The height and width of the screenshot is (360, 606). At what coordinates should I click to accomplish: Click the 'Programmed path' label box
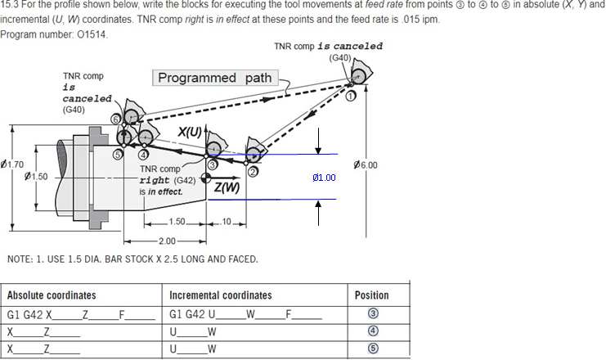click(x=215, y=79)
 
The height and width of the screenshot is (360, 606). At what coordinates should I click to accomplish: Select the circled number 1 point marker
click(x=351, y=96)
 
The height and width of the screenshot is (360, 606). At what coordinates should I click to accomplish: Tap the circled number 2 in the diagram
click(x=253, y=172)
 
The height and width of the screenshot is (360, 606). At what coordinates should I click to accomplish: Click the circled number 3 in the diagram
click(x=212, y=165)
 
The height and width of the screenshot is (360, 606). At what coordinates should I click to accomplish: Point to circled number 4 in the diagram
click(x=144, y=154)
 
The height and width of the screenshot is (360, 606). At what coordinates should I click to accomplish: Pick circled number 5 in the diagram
click(x=119, y=154)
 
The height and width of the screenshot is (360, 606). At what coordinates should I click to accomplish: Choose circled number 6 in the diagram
click(x=115, y=120)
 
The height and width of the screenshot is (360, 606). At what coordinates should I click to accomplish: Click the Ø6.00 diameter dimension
click(x=365, y=165)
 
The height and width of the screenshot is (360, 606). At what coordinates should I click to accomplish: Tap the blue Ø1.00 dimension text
click(x=324, y=178)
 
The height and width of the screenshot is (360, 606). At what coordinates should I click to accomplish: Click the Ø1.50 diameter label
click(x=37, y=176)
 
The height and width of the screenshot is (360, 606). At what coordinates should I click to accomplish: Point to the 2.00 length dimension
click(x=167, y=241)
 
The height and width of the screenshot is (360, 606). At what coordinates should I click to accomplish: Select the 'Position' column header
click(x=372, y=295)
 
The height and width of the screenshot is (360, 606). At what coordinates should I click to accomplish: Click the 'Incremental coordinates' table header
click(x=221, y=295)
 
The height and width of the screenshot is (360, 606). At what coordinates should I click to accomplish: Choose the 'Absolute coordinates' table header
click(x=52, y=295)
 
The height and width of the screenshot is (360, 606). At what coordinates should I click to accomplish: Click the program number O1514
click(x=93, y=34)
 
